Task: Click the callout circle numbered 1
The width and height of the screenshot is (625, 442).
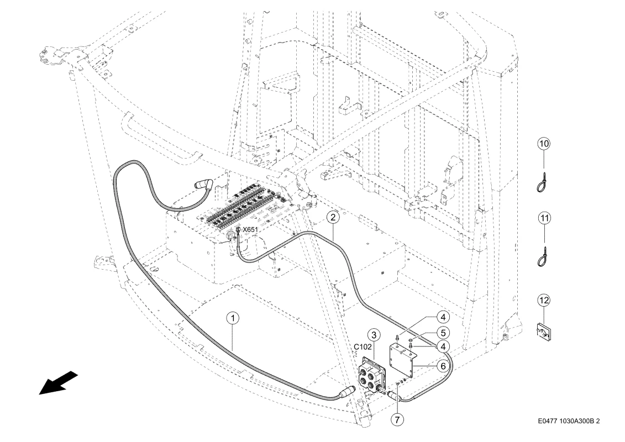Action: [x=233, y=318]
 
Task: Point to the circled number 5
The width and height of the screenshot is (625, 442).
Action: [x=443, y=333]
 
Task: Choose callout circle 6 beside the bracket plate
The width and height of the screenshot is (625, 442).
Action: [x=443, y=366]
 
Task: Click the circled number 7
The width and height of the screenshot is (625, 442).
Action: [x=397, y=419]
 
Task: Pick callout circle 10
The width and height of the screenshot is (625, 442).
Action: [x=544, y=144]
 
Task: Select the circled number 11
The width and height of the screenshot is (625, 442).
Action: [x=544, y=218]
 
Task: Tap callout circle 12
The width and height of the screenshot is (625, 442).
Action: [x=544, y=300]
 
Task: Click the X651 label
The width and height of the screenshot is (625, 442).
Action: [x=250, y=230]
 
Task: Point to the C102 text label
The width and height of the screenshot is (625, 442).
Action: [x=363, y=347]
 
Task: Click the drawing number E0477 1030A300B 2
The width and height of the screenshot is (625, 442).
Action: [x=569, y=421]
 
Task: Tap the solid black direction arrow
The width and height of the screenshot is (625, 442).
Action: [x=58, y=383]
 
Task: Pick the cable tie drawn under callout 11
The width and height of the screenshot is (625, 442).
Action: [x=542, y=257]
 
